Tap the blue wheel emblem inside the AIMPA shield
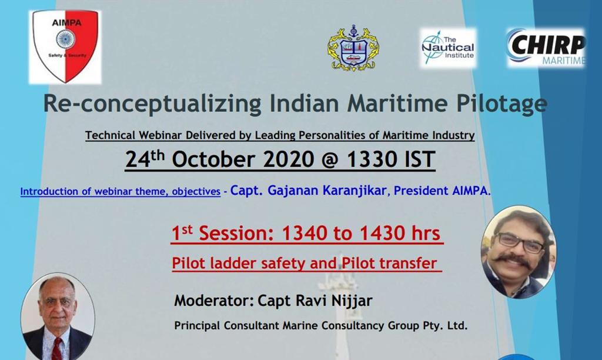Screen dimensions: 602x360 pos(65,39)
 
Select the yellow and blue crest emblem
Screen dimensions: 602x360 pos(353,48)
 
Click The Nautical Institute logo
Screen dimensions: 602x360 pos(447,48)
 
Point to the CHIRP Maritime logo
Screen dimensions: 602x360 pos(546,48)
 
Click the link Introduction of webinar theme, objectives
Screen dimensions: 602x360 pos(120,191)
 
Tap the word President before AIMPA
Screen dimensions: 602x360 pos(417,191)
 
